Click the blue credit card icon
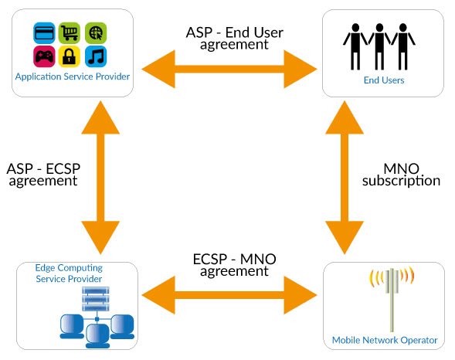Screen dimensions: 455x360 coord(44,33)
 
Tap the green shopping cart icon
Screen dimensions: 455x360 coord(70,33)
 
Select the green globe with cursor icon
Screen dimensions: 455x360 coord(96,33)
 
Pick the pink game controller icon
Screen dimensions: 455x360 coord(44,56)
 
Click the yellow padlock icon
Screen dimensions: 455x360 coord(70,56)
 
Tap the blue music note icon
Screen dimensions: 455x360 coord(96,56)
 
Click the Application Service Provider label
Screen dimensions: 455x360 coord(73,77)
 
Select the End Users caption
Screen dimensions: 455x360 coord(384,80)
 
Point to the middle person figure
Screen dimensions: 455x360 coord(379,46)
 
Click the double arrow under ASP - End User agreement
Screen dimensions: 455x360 coord(229,69)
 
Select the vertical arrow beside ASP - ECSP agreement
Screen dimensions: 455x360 coord(100,178)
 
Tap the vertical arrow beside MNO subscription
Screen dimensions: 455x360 coord(345,178)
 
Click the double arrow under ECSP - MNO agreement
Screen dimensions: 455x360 coord(229,295)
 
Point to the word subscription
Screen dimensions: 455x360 coord(402,181)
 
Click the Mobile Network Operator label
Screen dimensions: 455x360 coord(385,340)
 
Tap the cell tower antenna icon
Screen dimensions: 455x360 coord(392,300)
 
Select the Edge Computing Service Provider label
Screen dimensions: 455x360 coord(69,273)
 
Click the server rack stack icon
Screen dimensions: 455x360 coord(96,299)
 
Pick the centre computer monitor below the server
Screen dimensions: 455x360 coord(97,336)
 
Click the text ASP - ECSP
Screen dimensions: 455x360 coord(43,168)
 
